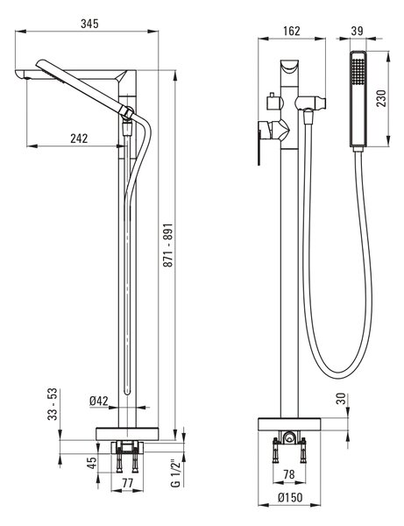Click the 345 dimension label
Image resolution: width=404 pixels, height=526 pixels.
coord(90,24)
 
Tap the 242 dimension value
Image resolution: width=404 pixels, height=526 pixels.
coord(79,139)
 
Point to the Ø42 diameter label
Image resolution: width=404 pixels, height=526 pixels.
coord(99,401)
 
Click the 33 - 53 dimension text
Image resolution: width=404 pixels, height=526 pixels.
coord(53,404)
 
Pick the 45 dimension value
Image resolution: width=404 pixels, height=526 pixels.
coord(91,462)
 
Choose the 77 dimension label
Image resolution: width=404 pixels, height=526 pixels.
coord(127,483)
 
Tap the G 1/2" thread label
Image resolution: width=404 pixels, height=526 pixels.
coord(176,473)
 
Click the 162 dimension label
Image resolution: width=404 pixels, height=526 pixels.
coord(291,31)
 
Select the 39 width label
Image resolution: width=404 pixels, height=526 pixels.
coord(358,31)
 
